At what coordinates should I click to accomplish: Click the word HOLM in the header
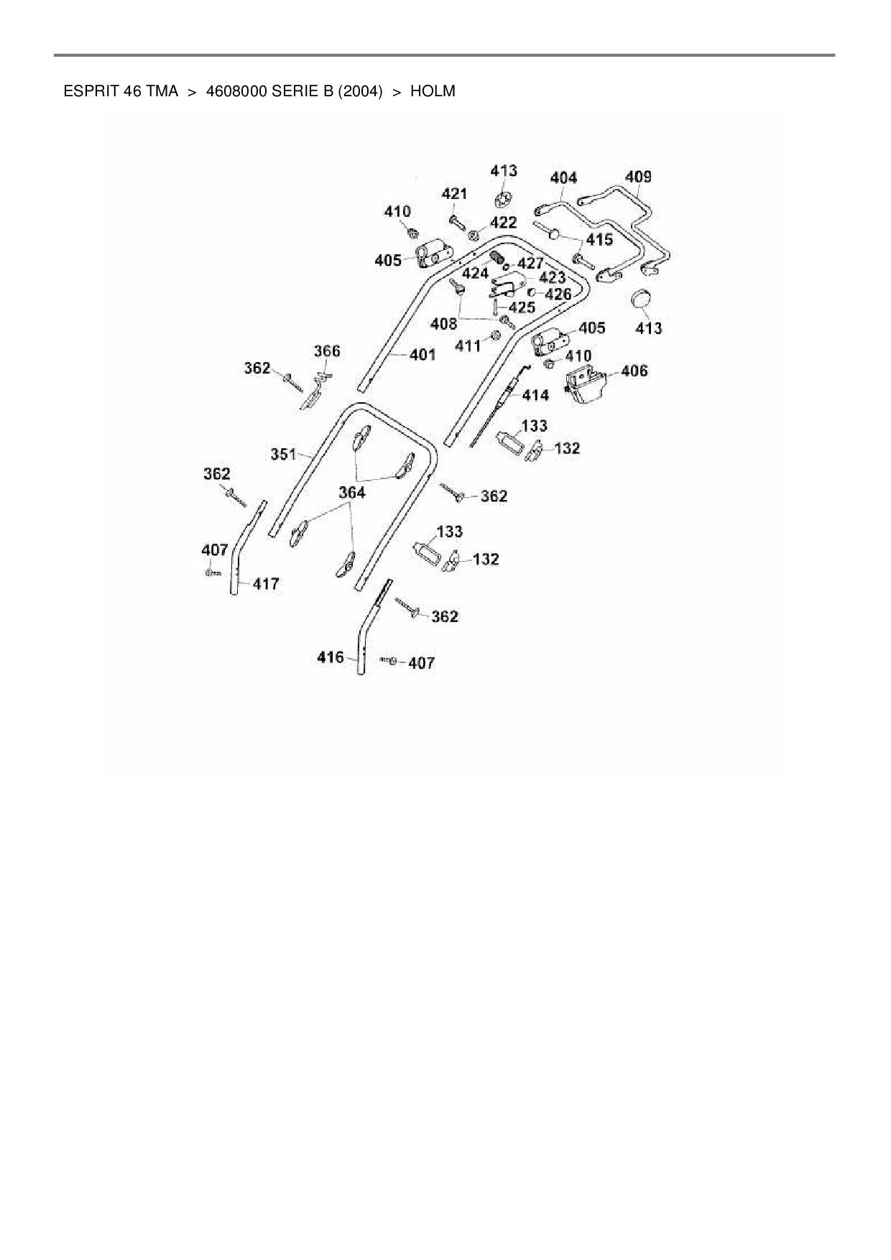pos(432,91)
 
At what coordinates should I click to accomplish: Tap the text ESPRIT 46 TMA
pos(121,91)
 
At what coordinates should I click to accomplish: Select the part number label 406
pos(634,371)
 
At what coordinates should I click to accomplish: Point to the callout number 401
pos(423,354)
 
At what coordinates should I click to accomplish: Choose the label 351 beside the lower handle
pos(283,454)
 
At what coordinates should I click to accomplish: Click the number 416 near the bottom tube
pos(331,657)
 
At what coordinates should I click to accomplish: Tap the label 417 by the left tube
pos(266,584)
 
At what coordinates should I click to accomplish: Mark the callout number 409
pos(638,177)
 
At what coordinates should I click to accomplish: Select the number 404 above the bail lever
pos(563,177)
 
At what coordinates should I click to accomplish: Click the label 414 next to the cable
pos(535,395)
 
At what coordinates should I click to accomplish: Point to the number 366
pos(327,351)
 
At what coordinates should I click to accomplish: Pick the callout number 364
pos(351,493)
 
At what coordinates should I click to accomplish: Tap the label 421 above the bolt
pos(454,193)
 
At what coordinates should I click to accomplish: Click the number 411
pos(468,346)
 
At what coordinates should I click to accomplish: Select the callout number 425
pos(522,307)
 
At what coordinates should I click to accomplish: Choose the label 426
pos(558,294)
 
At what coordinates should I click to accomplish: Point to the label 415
pos(600,239)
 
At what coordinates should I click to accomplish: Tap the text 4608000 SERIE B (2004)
pos(294,91)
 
